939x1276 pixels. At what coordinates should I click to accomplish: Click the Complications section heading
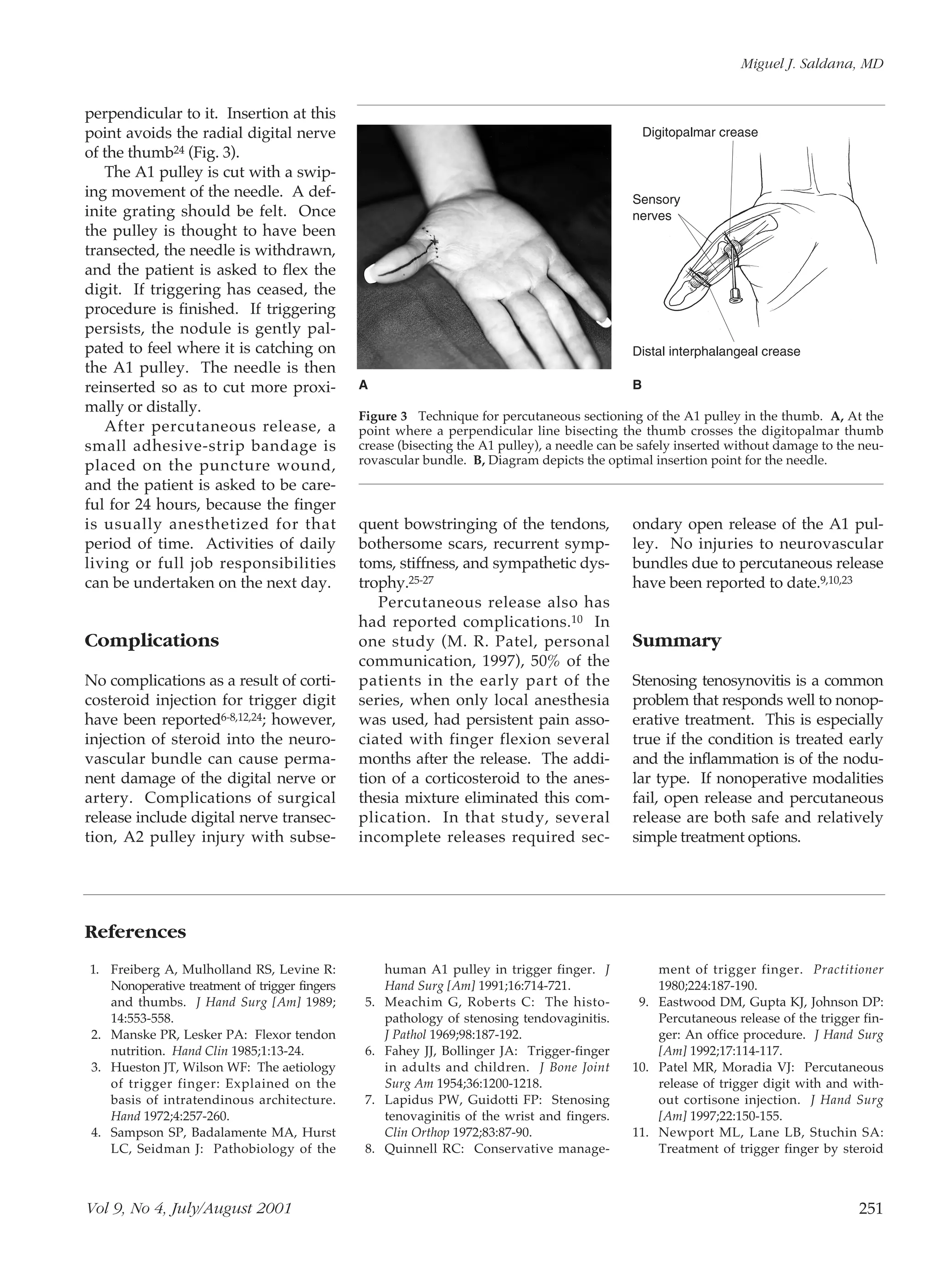pos(152,641)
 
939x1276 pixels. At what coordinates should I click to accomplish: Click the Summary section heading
pos(676,641)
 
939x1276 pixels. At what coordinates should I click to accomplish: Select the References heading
pos(135,932)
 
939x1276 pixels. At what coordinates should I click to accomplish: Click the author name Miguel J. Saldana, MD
pos(812,64)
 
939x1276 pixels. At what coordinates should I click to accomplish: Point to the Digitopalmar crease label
pos(700,132)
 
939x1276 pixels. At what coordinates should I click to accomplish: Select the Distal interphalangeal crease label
pos(716,352)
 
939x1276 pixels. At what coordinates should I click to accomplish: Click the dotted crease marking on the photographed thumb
pos(435,244)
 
